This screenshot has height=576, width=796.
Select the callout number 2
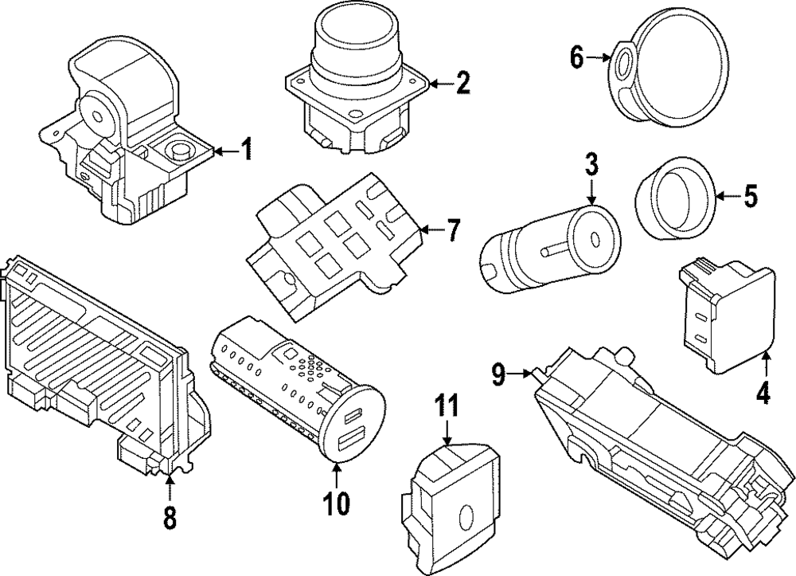click(463, 82)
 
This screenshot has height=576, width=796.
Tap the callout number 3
click(591, 166)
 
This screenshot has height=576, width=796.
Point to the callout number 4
click(763, 393)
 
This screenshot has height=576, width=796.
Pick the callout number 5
click(751, 196)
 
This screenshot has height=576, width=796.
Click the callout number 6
click(577, 57)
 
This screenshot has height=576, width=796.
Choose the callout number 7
click(452, 231)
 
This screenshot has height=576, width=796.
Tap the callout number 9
click(498, 373)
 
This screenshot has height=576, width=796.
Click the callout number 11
click(447, 407)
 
